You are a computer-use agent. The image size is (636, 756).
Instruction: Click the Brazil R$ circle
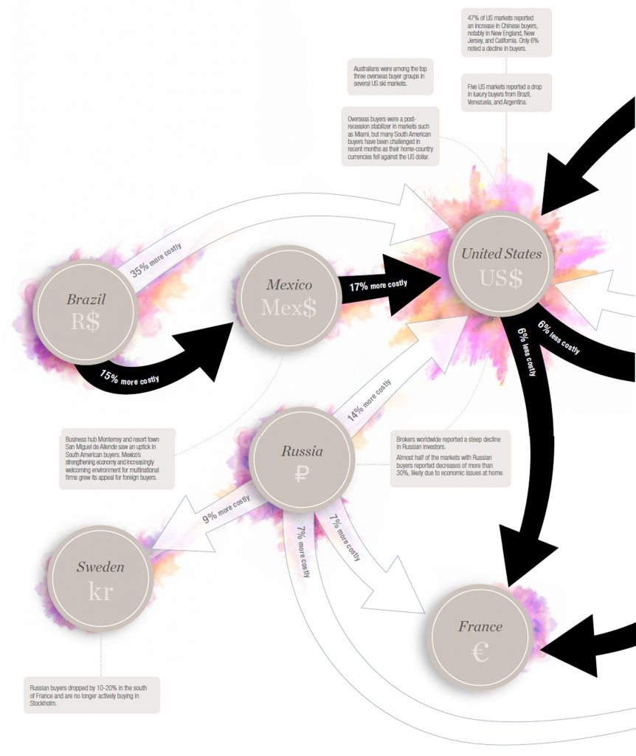86,312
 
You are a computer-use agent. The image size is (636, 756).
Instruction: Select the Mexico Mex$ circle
289,298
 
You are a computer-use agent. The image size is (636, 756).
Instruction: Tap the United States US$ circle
501,265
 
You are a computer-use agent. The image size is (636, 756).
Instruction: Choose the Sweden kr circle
100,579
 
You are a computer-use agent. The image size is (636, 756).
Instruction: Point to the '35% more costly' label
156,260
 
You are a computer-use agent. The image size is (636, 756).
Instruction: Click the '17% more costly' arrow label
379,286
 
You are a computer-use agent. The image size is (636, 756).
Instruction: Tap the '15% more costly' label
129,378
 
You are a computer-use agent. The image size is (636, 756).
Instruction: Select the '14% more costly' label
369,400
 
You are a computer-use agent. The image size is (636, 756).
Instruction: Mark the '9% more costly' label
226,508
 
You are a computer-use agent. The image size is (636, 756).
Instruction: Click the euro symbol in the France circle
480,652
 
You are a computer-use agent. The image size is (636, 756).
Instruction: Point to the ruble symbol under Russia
301,475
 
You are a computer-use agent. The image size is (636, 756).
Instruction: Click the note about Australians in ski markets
390,77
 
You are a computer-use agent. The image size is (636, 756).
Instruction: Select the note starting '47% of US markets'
506,32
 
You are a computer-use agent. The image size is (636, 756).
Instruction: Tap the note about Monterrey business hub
117,458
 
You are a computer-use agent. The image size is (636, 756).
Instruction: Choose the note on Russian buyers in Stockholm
91,695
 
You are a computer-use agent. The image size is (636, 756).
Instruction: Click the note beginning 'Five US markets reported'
506,93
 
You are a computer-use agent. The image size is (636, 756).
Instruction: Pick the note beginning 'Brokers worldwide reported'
450,458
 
